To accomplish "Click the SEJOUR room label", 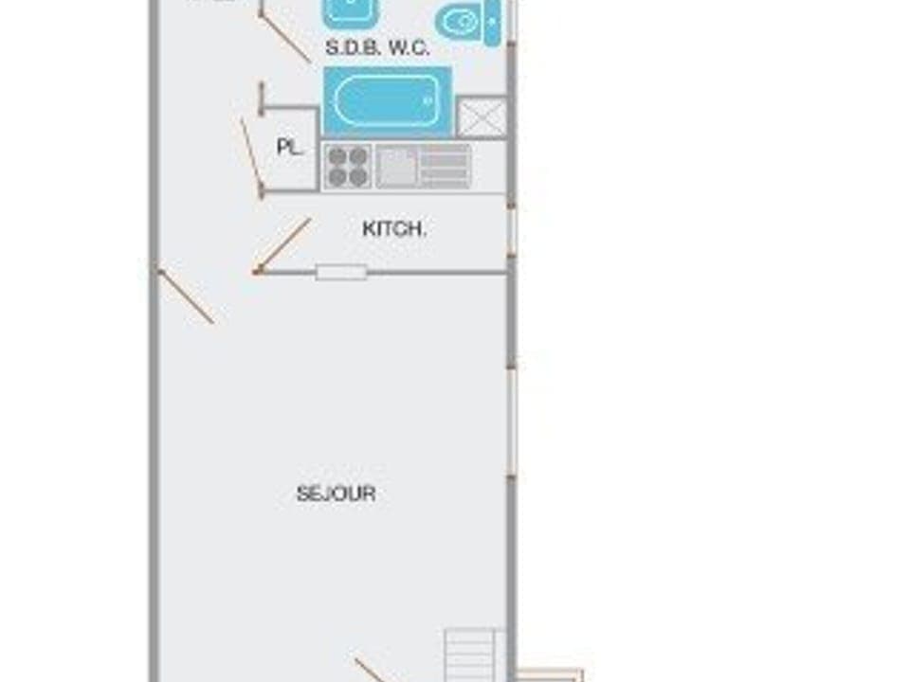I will point(336,494).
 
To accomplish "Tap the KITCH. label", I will point(394,228).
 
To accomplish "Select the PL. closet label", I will point(288,147).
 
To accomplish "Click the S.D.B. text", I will point(353,47).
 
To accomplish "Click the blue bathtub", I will point(387,101).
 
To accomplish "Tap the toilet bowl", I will point(460,21).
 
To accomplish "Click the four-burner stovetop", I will point(347,167).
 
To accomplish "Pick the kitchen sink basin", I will point(396,167).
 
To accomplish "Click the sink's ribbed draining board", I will point(444,167).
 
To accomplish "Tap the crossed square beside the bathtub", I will point(482,117).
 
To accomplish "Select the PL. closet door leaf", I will point(251,156).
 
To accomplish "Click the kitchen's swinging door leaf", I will point(283,246).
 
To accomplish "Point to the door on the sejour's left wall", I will point(186,296).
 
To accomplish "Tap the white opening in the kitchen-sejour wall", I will point(341,273).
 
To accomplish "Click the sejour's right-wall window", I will point(512,422).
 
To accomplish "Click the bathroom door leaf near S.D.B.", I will point(284,38).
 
